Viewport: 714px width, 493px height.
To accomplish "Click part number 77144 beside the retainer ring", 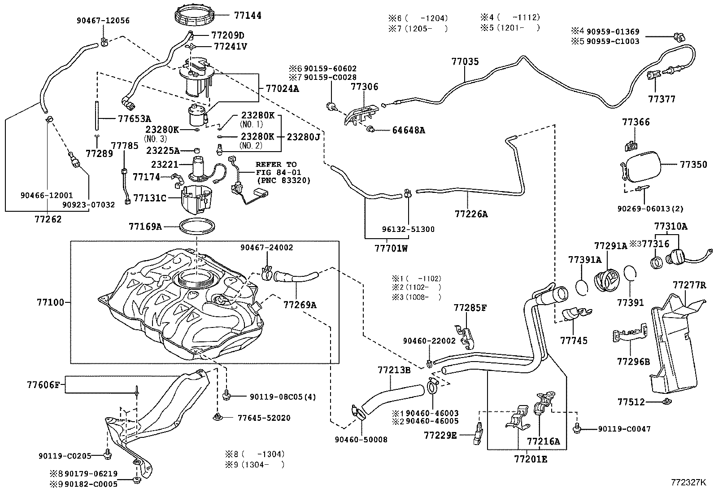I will coord(247,15).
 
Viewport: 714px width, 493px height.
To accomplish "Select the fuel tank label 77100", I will coord(50,303).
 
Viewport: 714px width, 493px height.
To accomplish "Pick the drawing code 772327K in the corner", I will coord(688,483).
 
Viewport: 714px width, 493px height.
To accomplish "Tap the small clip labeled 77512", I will coord(666,401).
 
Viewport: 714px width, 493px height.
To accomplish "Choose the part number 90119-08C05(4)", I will coord(283,397).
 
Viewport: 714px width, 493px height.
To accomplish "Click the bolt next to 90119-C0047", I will coord(579,428).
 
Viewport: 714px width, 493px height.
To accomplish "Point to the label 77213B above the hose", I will coord(394,370).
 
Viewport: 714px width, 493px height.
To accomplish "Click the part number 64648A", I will coord(408,131).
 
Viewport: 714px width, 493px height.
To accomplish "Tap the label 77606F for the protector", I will coord(43,384).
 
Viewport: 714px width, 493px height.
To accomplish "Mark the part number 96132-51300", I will coord(408,229).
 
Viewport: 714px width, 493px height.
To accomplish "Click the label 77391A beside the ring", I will coord(584,260).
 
